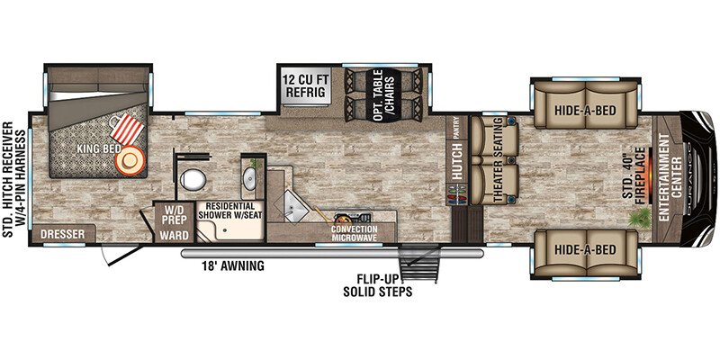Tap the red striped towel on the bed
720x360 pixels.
[x=126, y=130]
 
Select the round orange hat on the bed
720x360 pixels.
[x=130, y=161]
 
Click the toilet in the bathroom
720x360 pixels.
[x=193, y=179]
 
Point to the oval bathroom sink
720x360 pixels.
[x=250, y=178]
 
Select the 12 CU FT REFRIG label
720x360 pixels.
[x=305, y=85]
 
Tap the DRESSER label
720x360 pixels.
[x=62, y=234]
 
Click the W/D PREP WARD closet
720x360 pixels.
[x=174, y=221]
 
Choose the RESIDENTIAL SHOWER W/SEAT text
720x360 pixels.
[x=229, y=211]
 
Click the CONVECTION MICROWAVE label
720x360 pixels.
[x=355, y=233]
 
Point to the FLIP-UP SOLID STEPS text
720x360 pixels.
[x=377, y=284]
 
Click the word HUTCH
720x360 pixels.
[x=457, y=157]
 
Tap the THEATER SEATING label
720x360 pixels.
[x=499, y=159]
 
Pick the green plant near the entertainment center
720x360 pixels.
[x=641, y=217]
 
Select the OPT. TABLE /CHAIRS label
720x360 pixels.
[x=383, y=96]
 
